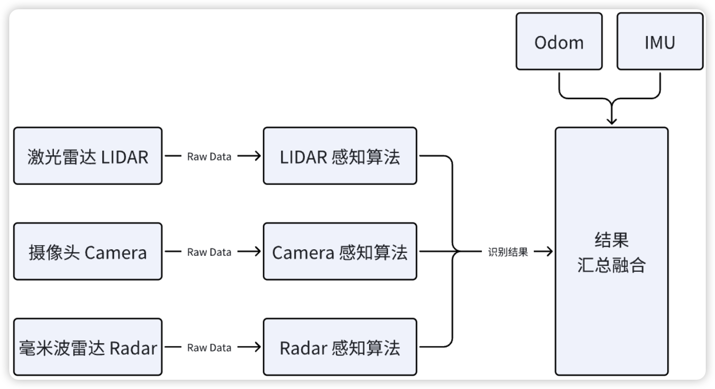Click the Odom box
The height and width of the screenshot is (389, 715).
[559, 42]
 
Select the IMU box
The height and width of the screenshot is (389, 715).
[660, 42]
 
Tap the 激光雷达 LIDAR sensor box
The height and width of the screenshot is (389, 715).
[88, 156]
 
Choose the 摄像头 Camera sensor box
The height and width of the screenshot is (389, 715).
[88, 252]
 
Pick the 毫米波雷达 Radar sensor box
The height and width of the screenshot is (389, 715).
[88, 347]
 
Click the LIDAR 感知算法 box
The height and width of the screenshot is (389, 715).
[340, 156]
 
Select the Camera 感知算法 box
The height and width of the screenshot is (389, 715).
[340, 252]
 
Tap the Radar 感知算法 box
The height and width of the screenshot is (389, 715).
[340, 347]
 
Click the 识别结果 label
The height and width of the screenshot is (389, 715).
[508, 252]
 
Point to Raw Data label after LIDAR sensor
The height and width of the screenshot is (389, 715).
[209, 157]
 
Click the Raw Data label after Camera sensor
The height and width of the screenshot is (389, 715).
[209, 252]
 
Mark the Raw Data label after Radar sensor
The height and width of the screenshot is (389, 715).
[209, 348]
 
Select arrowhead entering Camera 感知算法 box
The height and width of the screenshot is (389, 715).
[257, 252]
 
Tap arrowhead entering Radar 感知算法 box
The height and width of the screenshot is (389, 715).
[257, 347]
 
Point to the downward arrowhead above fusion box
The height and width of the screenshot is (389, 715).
[611, 121]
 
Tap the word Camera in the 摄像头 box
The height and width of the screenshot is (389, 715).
[115, 252]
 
